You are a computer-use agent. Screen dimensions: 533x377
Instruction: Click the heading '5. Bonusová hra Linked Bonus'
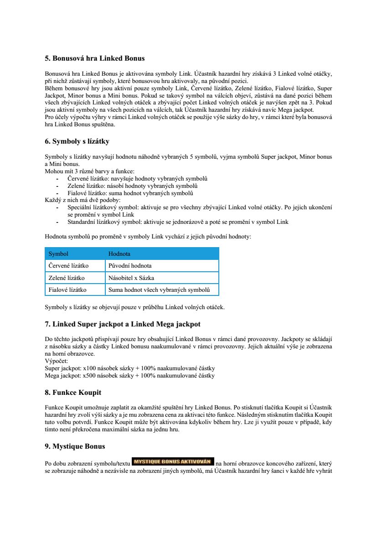tap(94, 58)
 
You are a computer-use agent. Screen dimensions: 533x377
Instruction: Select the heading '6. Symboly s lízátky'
tap(77, 141)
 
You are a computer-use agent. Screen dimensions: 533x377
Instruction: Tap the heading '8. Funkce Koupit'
tap(73, 392)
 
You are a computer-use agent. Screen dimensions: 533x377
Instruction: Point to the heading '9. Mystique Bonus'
tap(75, 446)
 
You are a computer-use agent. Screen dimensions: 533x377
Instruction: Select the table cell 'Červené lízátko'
tap(68, 265)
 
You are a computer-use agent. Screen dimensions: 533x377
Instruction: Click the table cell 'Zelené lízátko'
tap(67, 277)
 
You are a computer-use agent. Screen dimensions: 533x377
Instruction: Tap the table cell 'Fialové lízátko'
tap(67, 289)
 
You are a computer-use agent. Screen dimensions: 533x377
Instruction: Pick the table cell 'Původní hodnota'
tap(130, 265)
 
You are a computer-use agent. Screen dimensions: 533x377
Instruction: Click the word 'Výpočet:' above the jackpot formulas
tap(56, 360)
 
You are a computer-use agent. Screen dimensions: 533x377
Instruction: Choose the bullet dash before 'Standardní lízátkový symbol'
tap(57, 222)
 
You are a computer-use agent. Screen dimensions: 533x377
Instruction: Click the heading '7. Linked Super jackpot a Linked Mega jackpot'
tap(122, 324)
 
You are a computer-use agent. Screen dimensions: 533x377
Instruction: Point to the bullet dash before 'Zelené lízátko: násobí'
tap(57, 186)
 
